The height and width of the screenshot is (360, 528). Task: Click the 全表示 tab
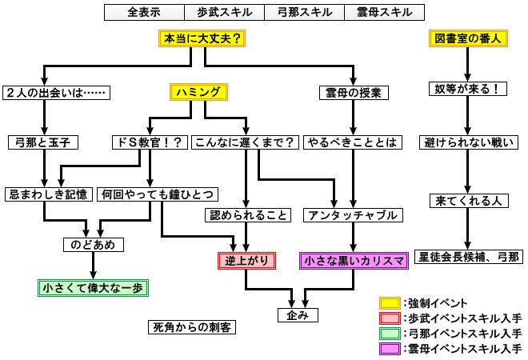click(x=144, y=12)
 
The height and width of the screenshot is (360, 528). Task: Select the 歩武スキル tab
click(x=224, y=12)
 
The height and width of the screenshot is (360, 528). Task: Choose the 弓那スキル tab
click(x=304, y=12)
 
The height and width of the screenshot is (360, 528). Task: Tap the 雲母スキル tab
click(x=385, y=12)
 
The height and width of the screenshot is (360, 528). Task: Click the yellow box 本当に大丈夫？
click(x=203, y=39)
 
